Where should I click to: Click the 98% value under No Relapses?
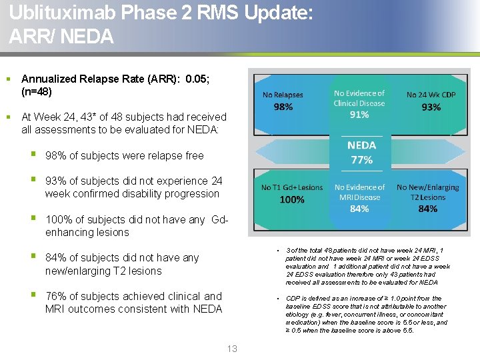[283, 107]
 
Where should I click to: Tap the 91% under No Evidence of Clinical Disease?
[359, 115]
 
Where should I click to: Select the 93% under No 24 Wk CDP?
[431, 107]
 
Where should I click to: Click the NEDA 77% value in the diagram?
[361, 160]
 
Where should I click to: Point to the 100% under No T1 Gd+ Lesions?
[292, 199]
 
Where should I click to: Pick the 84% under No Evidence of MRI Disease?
[359, 209]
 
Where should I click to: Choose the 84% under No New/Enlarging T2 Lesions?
[427, 209]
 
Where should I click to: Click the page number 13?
[232, 349]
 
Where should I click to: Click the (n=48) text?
[37, 91]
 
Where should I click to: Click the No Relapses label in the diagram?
[283, 95]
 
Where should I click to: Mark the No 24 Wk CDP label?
[431, 95]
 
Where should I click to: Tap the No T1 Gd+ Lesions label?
[292, 187]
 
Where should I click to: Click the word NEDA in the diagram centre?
[361, 145]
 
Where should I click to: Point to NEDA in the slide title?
[87, 37]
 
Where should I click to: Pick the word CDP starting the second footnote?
[292, 298]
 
